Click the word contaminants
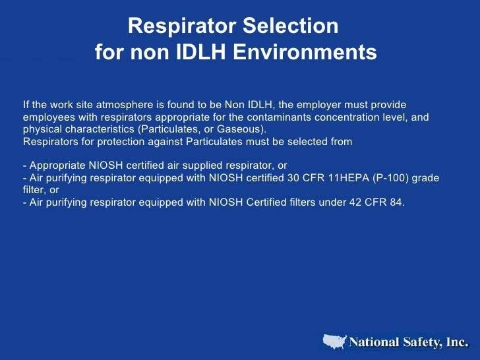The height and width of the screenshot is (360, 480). [254, 117]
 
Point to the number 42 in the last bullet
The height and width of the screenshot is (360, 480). [345, 202]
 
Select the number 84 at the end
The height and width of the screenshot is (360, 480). [396, 202]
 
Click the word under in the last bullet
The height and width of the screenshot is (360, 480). [320, 202]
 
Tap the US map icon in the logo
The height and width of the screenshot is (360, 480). [335, 342]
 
